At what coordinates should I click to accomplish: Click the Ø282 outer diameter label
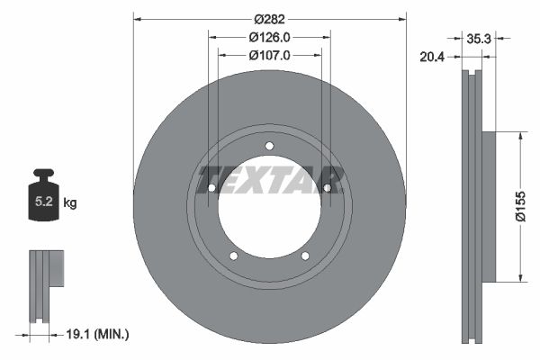click(269, 19)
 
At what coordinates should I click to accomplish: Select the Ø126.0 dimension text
click(269, 37)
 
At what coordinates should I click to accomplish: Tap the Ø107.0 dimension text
click(269, 55)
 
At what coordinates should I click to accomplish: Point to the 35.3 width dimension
click(478, 39)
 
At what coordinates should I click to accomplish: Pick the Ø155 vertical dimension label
click(519, 206)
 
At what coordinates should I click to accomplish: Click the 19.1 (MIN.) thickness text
click(99, 334)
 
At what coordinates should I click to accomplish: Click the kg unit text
click(70, 203)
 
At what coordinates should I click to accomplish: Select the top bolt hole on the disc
click(269, 148)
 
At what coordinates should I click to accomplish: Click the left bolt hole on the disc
click(211, 188)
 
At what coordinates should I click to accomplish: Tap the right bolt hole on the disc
click(328, 188)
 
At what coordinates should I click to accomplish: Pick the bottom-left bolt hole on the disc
click(233, 256)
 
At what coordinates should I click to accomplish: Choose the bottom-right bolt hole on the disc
click(305, 256)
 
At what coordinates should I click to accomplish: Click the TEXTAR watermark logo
click(269, 178)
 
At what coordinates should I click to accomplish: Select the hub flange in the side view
click(489, 206)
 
